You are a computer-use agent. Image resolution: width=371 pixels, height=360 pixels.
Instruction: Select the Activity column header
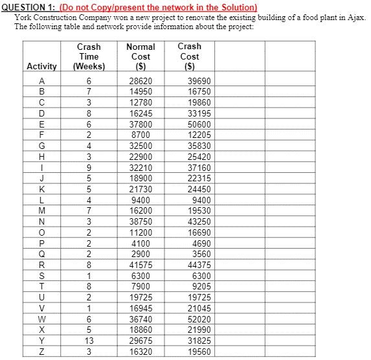click(41, 67)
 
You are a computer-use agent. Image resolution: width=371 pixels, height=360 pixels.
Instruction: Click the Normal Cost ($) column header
click(141, 56)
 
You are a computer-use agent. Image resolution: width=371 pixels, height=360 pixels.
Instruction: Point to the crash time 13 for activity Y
click(89, 340)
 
